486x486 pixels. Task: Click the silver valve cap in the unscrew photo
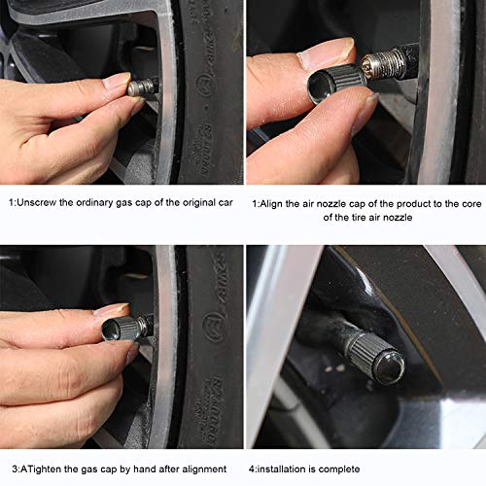click(141, 87)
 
